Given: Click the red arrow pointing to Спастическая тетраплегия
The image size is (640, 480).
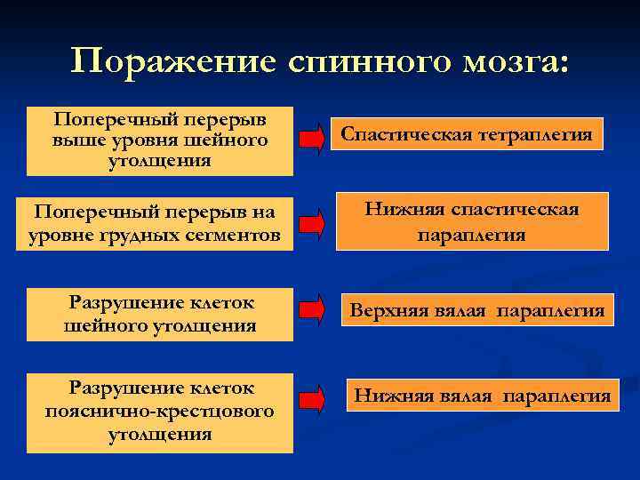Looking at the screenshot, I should (312, 138).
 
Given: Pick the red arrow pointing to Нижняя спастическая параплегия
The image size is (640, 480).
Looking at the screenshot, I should (312, 223).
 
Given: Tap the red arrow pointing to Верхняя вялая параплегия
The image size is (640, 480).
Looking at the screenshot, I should (312, 310).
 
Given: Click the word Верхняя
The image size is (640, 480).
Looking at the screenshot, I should (387, 311).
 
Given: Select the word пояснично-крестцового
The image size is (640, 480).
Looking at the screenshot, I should (159, 412).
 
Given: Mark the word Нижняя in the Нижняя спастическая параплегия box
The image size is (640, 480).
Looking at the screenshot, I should (404, 210).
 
